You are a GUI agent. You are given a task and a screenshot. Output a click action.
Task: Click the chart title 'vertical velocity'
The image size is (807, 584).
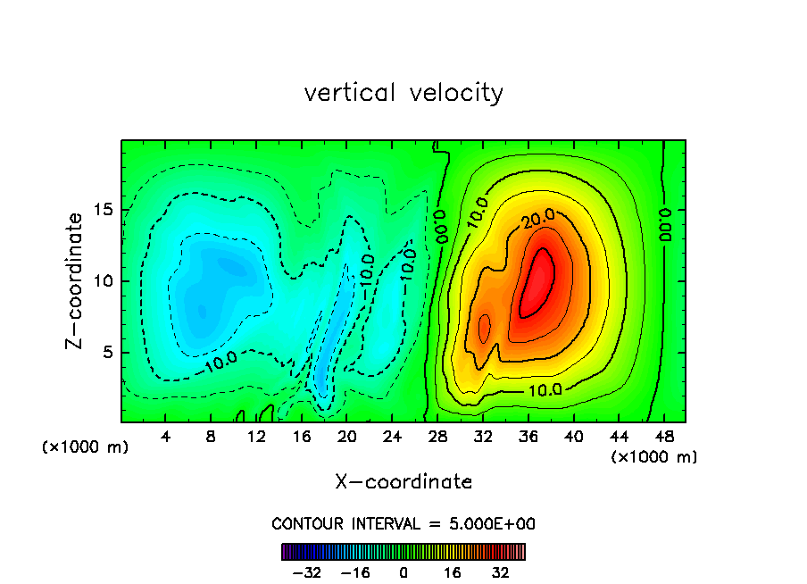coord(403,93)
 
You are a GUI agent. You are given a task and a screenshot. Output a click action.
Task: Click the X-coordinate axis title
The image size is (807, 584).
coord(403,482)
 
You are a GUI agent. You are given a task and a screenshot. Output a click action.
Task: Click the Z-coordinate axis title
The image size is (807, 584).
coord(77,280)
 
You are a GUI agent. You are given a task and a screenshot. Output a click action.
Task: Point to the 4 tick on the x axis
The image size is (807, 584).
coord(166,437)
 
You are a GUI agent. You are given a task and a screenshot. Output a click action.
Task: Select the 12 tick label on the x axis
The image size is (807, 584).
coord(257,437)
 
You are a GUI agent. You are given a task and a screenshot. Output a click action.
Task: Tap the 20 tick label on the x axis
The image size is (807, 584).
coord(347,437)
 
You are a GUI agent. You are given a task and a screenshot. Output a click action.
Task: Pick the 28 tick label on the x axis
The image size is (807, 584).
coord(437,437)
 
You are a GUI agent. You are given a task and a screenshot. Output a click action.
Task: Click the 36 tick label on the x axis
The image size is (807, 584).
coord(528,437)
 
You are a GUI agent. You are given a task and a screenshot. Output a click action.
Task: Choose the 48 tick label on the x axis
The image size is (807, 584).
coord(663,437)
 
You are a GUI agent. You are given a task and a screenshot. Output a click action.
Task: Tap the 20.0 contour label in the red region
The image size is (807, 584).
coord(539,217)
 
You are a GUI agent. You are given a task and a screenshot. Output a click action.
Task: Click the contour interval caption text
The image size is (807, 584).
coord(403,523)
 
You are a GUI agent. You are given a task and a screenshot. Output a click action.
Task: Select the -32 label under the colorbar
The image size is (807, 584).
coord(306,572)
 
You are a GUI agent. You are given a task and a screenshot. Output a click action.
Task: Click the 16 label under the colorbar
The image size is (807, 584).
coord(453,572)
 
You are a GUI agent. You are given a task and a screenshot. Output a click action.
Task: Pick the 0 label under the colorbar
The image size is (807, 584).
coord(403,572)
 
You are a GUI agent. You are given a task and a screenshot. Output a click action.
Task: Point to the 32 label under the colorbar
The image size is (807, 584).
coord(501,572)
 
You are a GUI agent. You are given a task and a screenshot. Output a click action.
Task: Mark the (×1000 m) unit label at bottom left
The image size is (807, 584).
coord(85,447)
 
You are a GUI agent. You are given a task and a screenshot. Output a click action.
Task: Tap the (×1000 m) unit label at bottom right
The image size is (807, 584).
coord(654,457)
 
